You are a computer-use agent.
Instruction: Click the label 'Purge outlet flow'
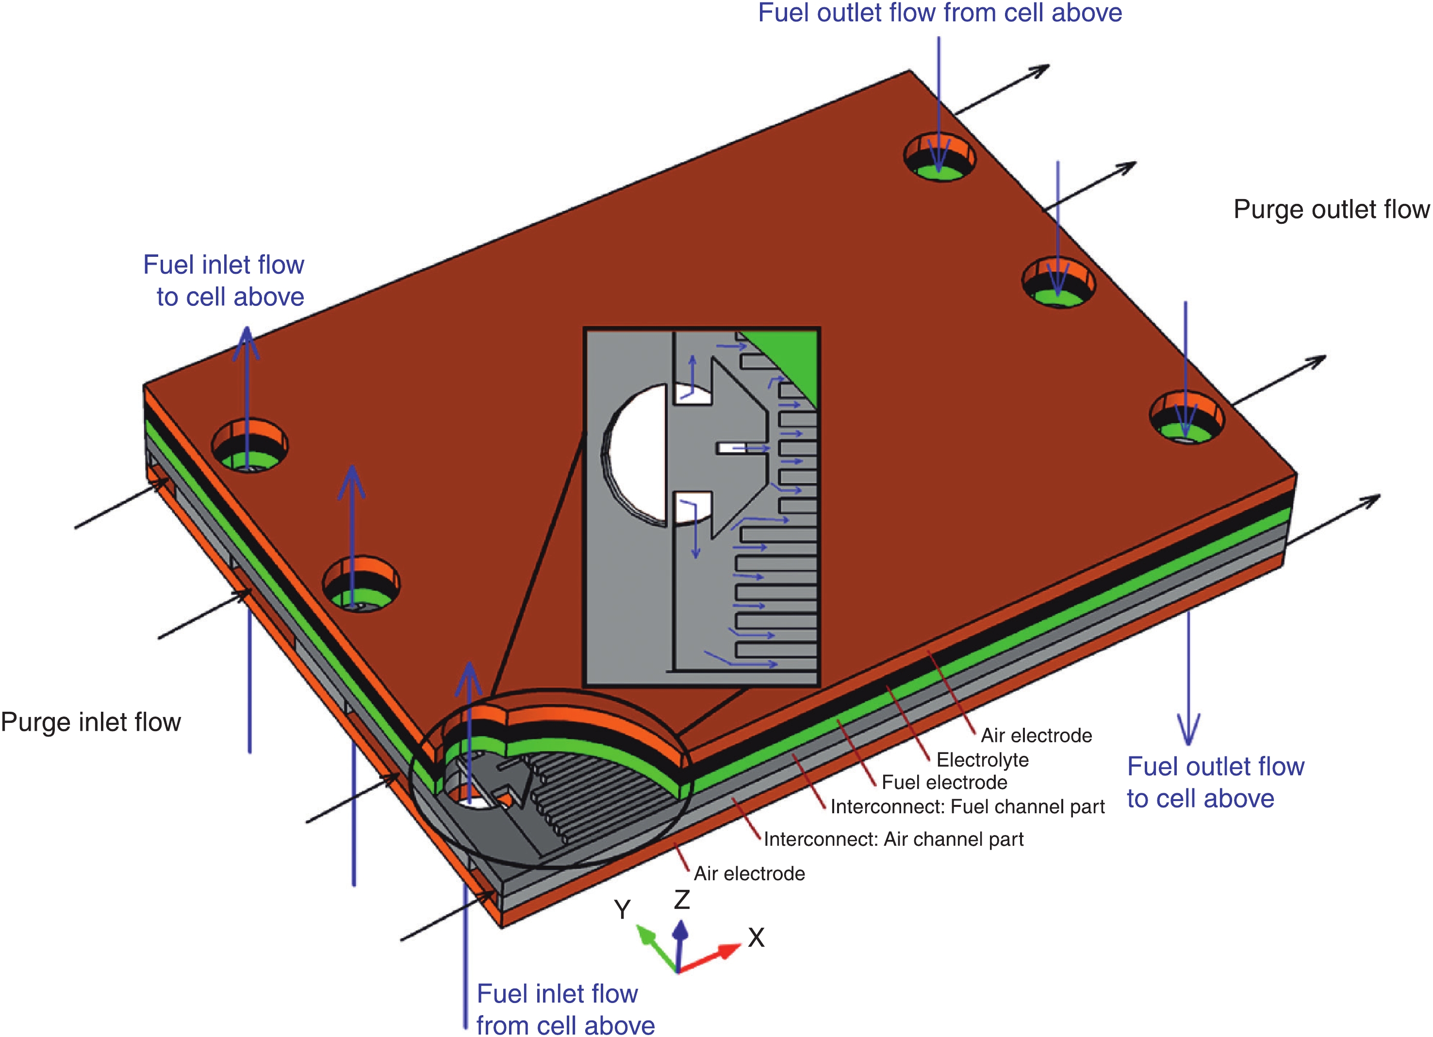click(x=1331, y=209)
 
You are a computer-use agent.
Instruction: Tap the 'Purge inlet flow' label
click(x=91, y=721)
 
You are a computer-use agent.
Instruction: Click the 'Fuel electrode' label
click(x=944, y=782)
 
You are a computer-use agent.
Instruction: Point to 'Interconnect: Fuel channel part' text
click(x=967, y=807)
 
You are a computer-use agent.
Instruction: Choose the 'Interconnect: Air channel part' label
click(x=893, y=839)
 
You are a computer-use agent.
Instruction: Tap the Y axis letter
click(x=622, y=910)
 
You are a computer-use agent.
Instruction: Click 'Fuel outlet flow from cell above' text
click(x=939, y=13)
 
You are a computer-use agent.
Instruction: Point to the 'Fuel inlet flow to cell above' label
click(x=224, y=281)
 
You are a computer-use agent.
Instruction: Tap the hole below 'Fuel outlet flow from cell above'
click(x=939, y=158)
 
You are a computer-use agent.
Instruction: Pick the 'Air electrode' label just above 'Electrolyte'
click(x=1036, y=735)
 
